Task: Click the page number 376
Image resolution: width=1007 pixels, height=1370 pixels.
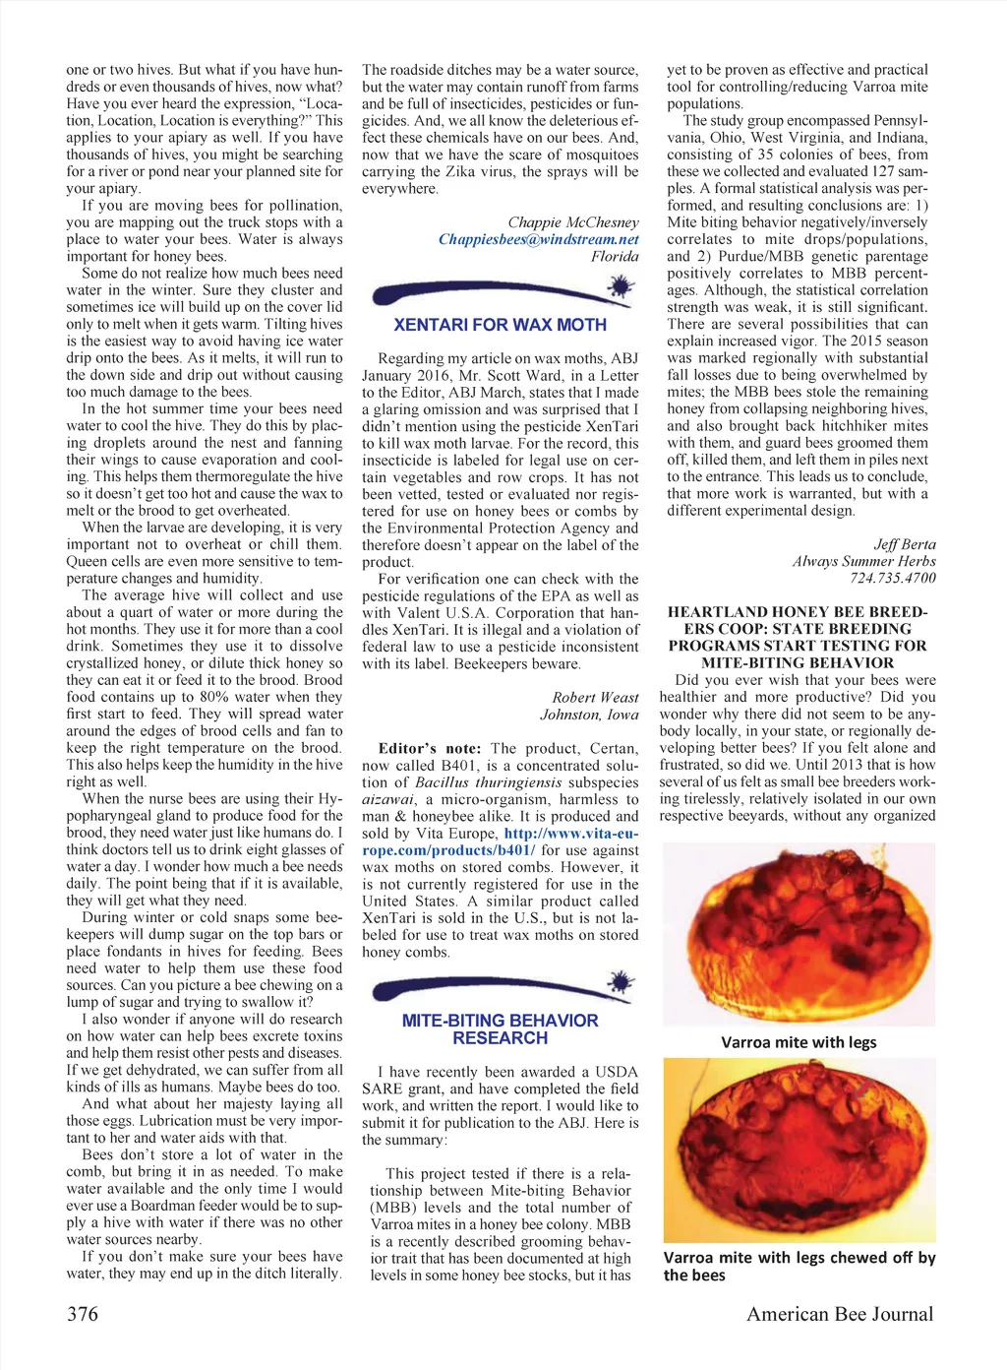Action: pos(83,1313)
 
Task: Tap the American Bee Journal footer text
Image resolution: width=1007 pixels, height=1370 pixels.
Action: pos(839,1313)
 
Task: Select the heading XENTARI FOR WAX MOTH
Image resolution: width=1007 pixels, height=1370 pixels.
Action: pos(500,325)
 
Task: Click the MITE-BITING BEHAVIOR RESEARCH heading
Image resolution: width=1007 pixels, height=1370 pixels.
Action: pos(500,1029)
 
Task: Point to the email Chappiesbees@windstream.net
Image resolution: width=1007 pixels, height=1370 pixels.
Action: pos(538,239)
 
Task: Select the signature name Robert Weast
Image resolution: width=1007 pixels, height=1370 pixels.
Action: pos(595,697)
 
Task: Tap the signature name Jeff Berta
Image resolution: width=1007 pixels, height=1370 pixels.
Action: pos(904,544)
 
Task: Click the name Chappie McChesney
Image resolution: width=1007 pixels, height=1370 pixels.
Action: pos(572,222)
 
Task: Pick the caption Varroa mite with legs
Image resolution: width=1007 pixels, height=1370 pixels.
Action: pos(798,1042)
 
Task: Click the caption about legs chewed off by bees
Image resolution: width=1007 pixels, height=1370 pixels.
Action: pos(798,1266)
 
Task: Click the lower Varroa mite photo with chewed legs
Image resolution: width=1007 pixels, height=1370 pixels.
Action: pos(798,1149)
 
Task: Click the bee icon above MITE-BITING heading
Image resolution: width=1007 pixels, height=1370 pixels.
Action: pos(620,981)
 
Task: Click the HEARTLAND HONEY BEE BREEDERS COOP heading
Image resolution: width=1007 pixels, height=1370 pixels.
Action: pos(798,637)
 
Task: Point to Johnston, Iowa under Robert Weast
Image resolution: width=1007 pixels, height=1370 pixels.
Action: pos(589,715)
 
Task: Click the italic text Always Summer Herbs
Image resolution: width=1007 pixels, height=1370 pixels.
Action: pos(863,561)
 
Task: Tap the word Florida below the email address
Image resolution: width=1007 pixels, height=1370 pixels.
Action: pos(615,256)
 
